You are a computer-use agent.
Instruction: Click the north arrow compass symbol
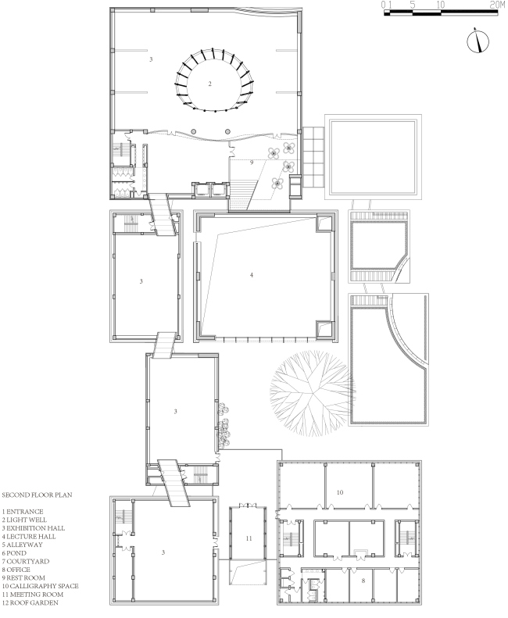click(x=478, y=41)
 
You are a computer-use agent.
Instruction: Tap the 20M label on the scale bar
click(x=497, y=5)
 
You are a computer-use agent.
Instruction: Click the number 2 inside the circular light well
click(x=209, y=84)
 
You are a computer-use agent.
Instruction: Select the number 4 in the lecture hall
click(x=252, y=275)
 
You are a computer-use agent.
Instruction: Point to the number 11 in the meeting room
click(x=249, y=538)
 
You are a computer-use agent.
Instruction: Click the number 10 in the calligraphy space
click(x=340, y=492)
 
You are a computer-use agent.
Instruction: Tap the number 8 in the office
click(x=363, y=580)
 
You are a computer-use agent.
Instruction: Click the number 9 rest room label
click(x=252, y=163)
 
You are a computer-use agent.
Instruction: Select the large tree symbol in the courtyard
click(x=312, y=393)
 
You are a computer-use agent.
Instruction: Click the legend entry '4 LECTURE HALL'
click(x=29, y=537)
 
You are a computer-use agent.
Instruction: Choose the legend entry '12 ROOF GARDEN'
click(x=30, y=602)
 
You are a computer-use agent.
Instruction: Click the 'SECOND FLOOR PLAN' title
click(x=37, y=495)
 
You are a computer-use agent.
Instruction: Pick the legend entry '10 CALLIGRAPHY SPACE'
click(x=40, y=586)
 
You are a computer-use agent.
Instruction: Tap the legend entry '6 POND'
click(x=14, y=553)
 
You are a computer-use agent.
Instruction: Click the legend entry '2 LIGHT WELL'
click(x=24, y=520)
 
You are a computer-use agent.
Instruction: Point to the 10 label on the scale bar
click(x=441, y=5)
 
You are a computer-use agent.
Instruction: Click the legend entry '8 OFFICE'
click(x=16, y=570)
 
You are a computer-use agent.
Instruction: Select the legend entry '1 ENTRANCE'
click(x=23, y=512)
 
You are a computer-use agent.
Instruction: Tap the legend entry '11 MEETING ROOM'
click(x=32, y=595)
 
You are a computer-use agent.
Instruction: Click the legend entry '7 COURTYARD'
click(x=26, y=561)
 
